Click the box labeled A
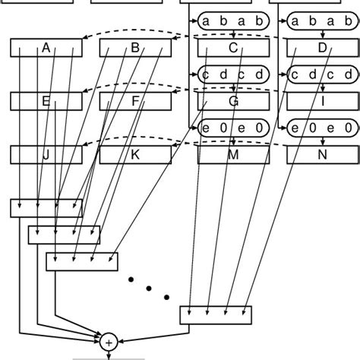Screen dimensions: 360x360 click(x=46, y=49)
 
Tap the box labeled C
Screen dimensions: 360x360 click(x=233, y=49)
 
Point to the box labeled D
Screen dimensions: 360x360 click(x=321, y=49)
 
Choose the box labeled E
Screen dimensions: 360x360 click(x=46, y=100)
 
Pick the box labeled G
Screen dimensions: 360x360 click(x=233, y=100)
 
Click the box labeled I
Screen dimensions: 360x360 click(x=321, y=100)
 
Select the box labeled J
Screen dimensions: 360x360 click(x=46, y=155)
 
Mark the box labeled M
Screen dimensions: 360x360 click(x=233, y=155)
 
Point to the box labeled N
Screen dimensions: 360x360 click(x=321, y=155)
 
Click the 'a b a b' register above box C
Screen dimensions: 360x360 click(x=233, y=22)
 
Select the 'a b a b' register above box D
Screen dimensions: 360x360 click(x=321, y=22)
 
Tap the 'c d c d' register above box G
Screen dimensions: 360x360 click(x=233, y=75)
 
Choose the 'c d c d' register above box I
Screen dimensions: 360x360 click(x=321, y=75)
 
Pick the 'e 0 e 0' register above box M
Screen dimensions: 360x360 click(x=233, y=128)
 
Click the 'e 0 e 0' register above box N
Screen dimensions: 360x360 click(x=321, y=128)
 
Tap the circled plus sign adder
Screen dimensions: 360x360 click(x=109, y=343)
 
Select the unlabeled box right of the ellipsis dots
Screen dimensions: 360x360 click(x=215, y=314)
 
